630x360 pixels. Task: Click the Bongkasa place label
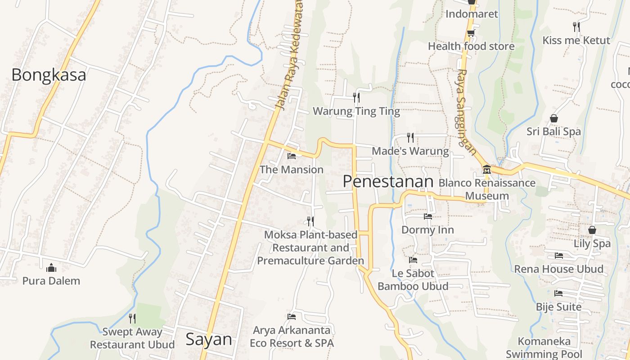(x=49, y=75)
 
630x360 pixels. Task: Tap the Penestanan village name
(x=388, y=181)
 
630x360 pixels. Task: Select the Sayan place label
(x=209, y=339)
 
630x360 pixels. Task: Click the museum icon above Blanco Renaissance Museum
(x=486, y=170)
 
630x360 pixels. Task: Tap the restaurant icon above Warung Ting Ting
(x=356, y=97)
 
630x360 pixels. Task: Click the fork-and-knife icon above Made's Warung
(x=410, y=137)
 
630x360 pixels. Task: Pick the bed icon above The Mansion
(x=292, y=156)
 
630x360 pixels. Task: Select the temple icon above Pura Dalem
(x=51, y=268)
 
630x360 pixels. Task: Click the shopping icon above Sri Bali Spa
(x=553, y=118)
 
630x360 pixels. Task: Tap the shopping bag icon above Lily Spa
(x=592, y=230)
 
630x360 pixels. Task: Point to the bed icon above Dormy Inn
(x=427, y=216)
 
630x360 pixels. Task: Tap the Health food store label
(x=471, y=46)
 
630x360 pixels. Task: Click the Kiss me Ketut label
(x=576, y=40)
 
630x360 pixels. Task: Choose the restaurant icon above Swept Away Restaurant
(x=132, y=319)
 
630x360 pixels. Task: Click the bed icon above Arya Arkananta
(x=292, y=317)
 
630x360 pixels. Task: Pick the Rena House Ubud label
(x=559, y=269)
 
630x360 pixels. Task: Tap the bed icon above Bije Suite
(x=558, y=293)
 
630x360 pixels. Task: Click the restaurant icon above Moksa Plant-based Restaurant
(x=310, y=221)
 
